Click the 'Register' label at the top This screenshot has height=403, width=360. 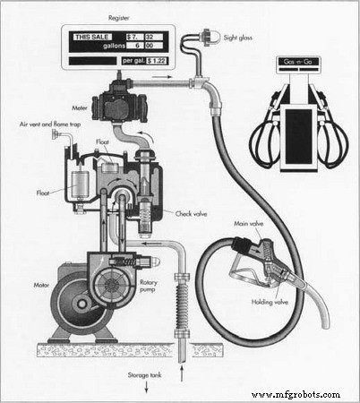click(x=119, y=17)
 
